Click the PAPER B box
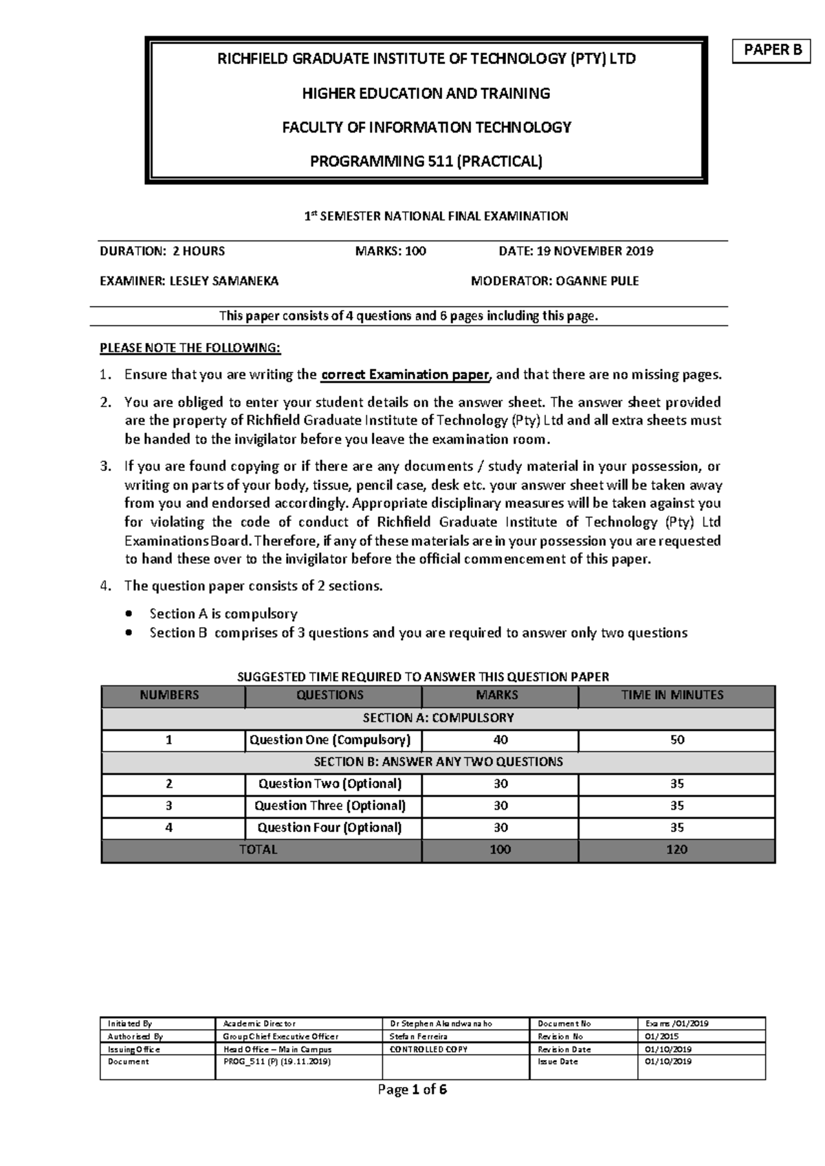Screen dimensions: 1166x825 772,51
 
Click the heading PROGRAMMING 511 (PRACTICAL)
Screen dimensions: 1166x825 426,162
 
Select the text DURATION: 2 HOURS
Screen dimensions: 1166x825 162,251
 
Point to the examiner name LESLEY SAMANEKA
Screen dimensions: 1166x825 224,280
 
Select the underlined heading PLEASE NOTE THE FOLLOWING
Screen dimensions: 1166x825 190,348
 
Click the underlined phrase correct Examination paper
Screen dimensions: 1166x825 406,375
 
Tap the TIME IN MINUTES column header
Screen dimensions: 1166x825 676,695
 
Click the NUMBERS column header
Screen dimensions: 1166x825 169,695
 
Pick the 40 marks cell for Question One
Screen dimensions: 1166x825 500,740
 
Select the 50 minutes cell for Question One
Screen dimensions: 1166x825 676,740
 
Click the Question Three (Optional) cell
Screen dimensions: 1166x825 330,805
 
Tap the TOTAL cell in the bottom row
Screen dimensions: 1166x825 258,849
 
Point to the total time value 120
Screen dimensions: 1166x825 676,849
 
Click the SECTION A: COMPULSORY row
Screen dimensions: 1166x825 438,718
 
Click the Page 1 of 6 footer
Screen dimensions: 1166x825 412,1090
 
